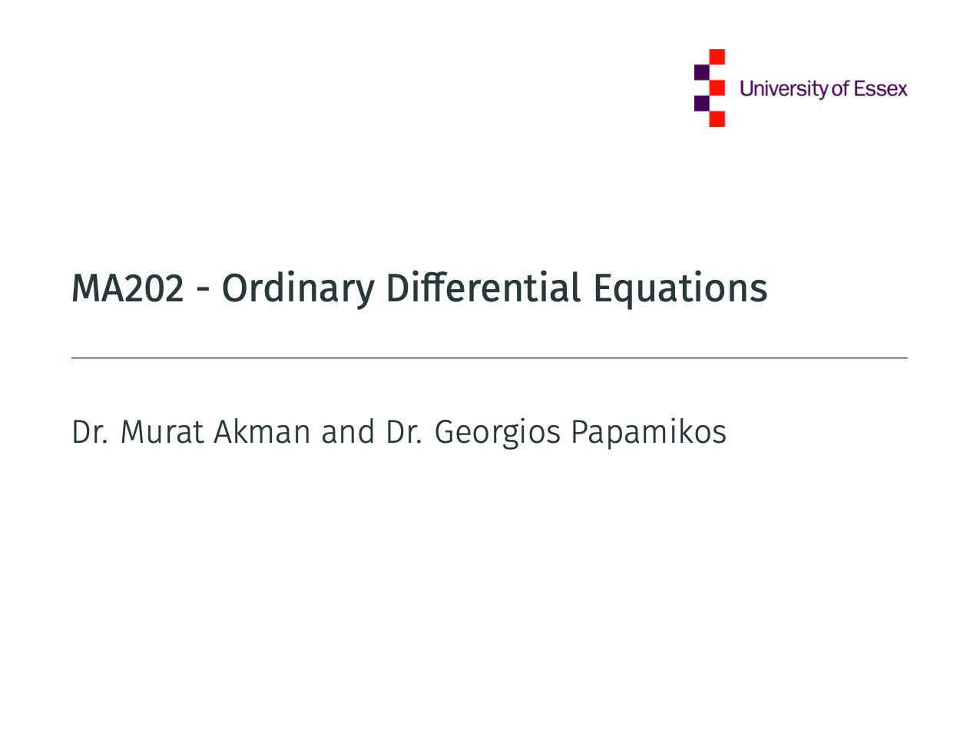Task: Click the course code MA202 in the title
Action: pyautogui.click(x=127, y=288)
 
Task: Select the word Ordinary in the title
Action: pyautogui.click(x=298, y=289)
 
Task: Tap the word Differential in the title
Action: pyautogui.click(x=483, y=288)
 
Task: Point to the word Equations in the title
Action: pyautogui.click(x=680, y=289)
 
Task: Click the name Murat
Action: pyautogui.click(x=162, y=432)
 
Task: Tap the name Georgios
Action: pyautogui.click(x=497, y=434)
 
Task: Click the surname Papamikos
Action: pyautogui.click(x=649, y=434)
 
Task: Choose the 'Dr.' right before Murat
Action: pyautogui.click(x=90, y=432)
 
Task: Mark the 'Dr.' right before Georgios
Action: pyautogui.click(x=404, y=432)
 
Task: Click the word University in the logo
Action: pyautogui.click(x=784, y=89)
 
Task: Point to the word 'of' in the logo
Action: pyautogui.click(x=839, y=88)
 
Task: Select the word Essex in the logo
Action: pyautogui.click(x=880, y=89)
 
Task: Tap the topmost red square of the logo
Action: pyautogui.click(x=717, y=57)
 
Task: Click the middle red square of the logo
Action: pyautogui.click(x=717, y=88)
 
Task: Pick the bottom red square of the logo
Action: pyautogui.click(x=717, y=119)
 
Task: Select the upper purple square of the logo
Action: pyautogui.click(x=702, y=72)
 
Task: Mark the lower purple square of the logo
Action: pyautogui.click(x=702, y=103)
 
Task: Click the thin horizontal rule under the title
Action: pyautogui.click(x=489, y=358)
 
